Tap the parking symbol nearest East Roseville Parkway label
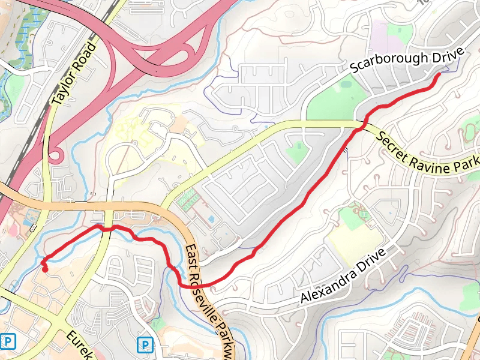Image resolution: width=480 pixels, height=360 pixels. (x=145, y=344)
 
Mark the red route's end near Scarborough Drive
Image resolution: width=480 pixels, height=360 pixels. (x=439, y=74)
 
